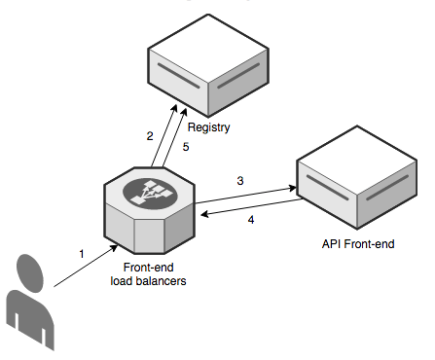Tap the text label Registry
coord(208,128)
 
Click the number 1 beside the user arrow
coord(83,253)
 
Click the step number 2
coord(150,136)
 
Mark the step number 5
coord(187,147)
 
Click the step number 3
coord(239,180)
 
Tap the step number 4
coord(251,220)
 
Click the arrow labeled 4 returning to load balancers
coord(248,207)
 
